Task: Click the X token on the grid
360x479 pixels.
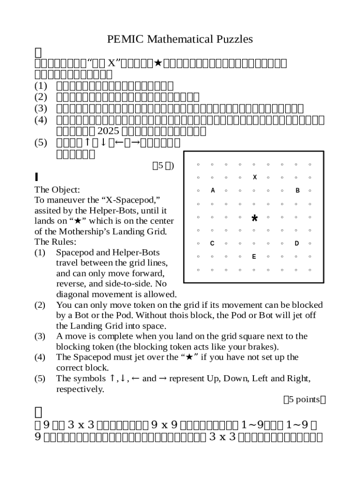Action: pos(254,177)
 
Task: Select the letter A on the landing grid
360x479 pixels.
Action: pos(213,190)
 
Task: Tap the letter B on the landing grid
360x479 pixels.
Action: pos(297,190)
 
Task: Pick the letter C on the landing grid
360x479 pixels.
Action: pos(212,243)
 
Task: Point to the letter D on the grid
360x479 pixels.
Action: pos(296,243)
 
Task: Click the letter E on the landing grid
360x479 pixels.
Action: pos(254,256)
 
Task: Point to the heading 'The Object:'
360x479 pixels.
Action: pos(58,190)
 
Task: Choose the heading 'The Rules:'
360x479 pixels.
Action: pos(56,242)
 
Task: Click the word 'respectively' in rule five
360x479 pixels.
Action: pos(79,389)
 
